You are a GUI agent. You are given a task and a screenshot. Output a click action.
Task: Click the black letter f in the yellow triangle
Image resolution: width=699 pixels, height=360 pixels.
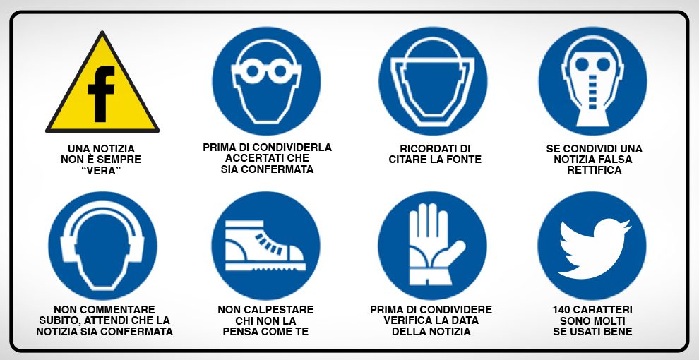click(101, 94)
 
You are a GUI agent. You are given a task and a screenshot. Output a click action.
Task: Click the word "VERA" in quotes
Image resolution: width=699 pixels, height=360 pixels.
click(101, 171)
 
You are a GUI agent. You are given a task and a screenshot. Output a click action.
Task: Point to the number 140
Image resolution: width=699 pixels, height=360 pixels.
click(562, 310)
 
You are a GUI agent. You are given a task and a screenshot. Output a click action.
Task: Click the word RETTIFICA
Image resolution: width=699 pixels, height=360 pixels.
click(595, 170)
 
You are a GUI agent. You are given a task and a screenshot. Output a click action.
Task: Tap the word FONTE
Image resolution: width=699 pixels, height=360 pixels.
click(464, 160)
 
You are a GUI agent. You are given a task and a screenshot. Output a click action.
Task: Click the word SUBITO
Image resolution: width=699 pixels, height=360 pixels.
click(56, 320)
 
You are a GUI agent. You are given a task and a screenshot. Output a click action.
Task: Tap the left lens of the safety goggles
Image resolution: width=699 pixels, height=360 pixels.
click(252, 71)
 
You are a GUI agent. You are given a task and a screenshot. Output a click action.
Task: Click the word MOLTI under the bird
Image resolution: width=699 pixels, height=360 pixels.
click(609, 320)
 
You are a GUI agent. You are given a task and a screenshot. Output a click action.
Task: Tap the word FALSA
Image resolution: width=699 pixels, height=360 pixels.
click(615, 159)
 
